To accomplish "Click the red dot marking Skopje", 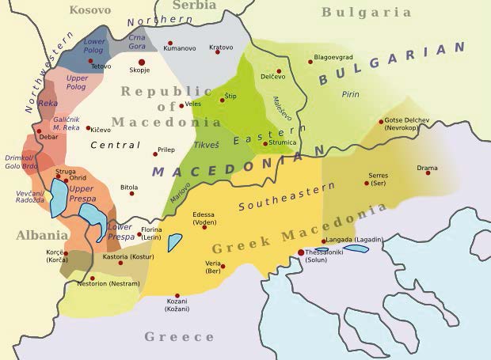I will [143, 62].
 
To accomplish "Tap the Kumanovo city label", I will [179, 48].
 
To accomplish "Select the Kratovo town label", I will [221, 47].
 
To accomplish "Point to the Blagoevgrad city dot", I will [310, 62].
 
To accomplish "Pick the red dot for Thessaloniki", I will [300, 252].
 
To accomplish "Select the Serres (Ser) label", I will [378, 179].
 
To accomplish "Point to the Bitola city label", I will [128, 187].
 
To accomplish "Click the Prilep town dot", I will [155, 154].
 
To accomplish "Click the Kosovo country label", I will [89, 9].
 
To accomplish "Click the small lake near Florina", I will [174, 242].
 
